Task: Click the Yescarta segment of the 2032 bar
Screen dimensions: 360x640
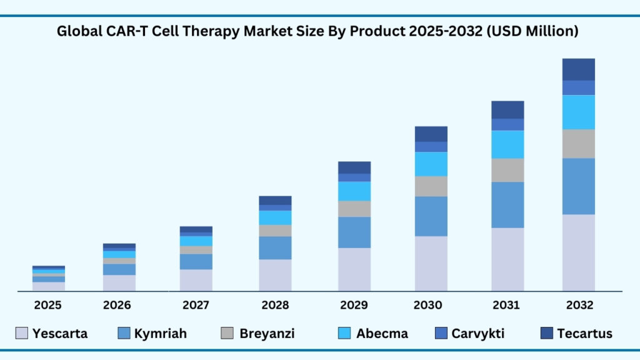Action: pyautogui.click(x=578, y=252)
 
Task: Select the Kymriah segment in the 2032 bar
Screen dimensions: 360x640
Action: pyautogui.click(x=578, y=186)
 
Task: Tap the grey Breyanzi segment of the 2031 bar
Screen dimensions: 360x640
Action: pyautogui.click(x=507, y=170)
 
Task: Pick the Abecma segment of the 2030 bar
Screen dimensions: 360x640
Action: pyautogui.click(x=431, y=164)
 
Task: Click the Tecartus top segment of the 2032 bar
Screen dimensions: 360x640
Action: pyautogui.click(x=578, y=69)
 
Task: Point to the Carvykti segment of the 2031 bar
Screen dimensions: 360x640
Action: pyautogui.click(x=507, y=124)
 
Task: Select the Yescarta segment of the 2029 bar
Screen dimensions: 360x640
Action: pyautogui.click(x=354, y=269)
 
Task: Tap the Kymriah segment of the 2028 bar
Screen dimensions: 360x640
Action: pyautogui.click(x=275, y=247)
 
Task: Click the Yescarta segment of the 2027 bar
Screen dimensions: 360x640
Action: pyautogui.click(x=196, y=280)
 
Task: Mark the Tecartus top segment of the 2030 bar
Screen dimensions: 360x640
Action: pyautogui.click(x=431, y=134)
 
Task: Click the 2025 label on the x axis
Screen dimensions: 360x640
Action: pyautogui.click(x=47, y=305)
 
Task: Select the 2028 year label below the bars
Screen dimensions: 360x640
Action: pyautogui.click(x=275, y=305)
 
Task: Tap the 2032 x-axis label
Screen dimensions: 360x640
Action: pyautogui.click(x=579, y=305)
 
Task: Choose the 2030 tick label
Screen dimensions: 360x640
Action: pyautogui.click(x=428, y=305)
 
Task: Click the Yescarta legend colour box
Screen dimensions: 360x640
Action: pyautogui.click(x=21, y=333)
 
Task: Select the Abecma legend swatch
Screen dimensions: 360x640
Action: pyautogui.click(x=344, y=333)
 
